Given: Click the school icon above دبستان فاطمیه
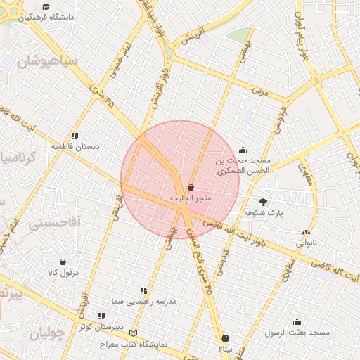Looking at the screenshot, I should pos(75,136).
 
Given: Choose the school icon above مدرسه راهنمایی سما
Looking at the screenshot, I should pos(143,290).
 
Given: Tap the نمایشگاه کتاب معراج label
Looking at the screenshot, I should pos(134,345).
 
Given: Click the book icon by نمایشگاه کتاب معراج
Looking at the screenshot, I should pos(134,333).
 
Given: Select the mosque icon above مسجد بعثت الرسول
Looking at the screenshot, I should pos(297,321).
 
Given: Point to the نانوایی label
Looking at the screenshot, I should pos(306,243).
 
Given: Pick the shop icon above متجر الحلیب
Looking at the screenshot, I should pos(191,187).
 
